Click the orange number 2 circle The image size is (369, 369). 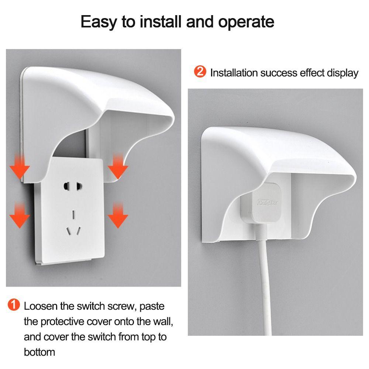[200, 72]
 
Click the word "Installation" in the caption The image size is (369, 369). [234, 73]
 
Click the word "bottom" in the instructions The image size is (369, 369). [39, 352]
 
